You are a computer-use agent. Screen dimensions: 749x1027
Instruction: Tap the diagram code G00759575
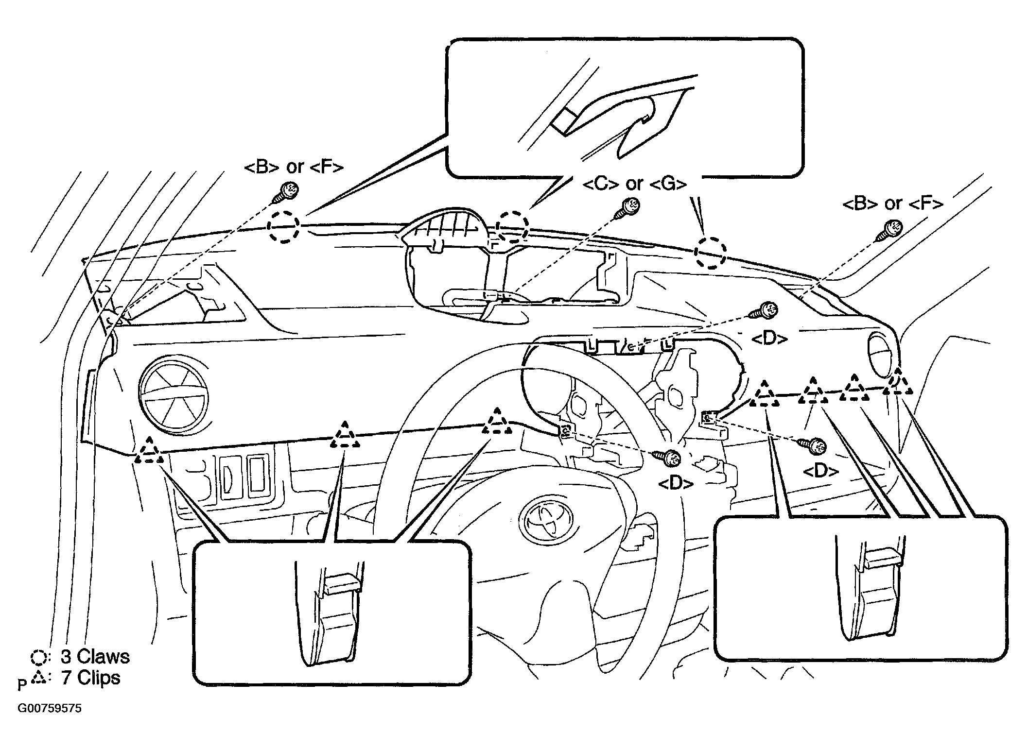[x=50, y=708]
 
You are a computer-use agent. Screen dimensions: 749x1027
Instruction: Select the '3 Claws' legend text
[x=95, y=657]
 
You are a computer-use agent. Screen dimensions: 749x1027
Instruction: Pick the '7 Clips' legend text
[x=90, y=677]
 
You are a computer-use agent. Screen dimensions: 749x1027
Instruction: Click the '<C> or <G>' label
[x=634, y=184]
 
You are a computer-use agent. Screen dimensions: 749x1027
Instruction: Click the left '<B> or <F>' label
[x=294, y=167]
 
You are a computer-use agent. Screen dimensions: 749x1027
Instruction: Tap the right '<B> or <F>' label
[x=892, y=204]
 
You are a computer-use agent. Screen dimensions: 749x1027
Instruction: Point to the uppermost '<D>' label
[x=769, y=339]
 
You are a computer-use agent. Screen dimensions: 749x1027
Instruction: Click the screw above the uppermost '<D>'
[x=764, y=311]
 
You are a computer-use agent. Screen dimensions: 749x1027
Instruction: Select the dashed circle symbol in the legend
[x=38, y=658]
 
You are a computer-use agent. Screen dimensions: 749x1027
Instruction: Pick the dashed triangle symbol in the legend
[x=38, y=678]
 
